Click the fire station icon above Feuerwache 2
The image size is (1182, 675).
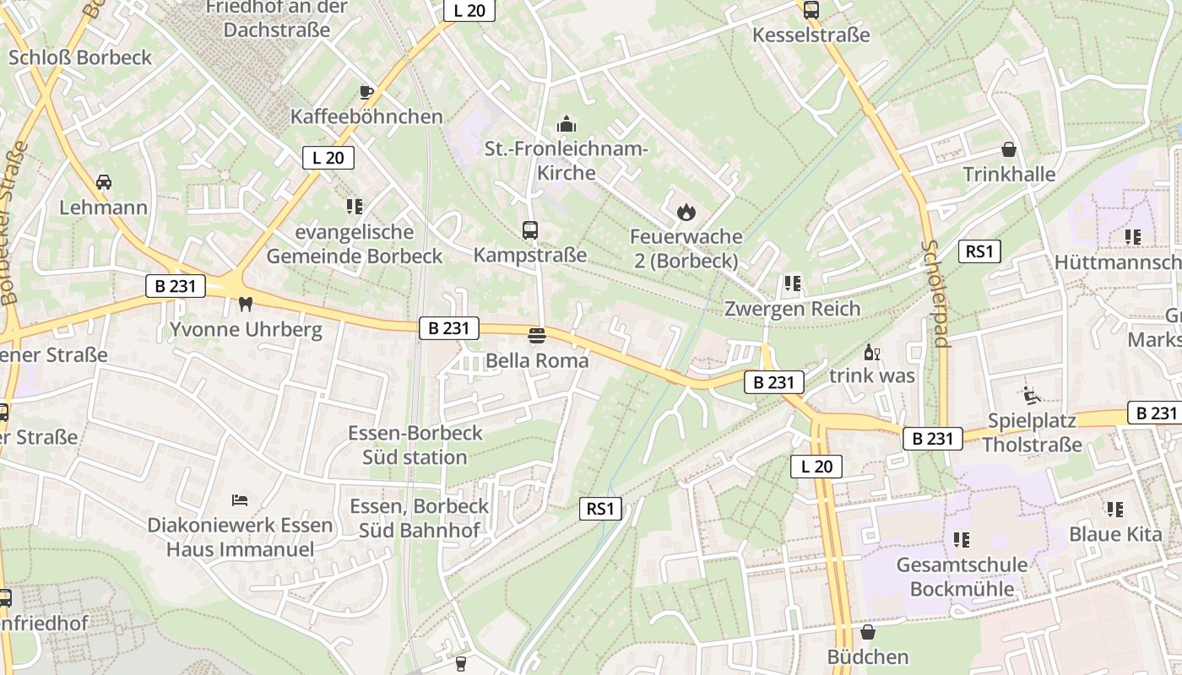click(x=686, y=212)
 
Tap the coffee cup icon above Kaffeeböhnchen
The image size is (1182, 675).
click(x=366, y=92)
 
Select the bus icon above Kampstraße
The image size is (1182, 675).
click(x=530, y=229)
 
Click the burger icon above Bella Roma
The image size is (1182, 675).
click(x=536, y=336)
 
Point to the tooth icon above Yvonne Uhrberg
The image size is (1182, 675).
click(x=246, y=304)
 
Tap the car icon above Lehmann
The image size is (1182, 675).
click(x=103, y=182)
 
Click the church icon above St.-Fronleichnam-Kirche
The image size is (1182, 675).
click(x=566, y=125)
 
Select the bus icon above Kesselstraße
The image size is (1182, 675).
click(x=811, y=10)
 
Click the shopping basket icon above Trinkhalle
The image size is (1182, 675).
click(x=1008, y=150)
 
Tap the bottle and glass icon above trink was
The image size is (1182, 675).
click(x=871, y=352)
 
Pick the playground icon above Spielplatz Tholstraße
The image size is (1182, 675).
click(x=1031, y=395)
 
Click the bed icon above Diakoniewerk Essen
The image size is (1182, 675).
click(x=240, y=500)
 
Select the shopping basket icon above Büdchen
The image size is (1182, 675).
click(x=867, y=632)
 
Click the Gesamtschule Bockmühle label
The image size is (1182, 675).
click(x=962, y=576)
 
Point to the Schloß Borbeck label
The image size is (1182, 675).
click(x=80, y=57)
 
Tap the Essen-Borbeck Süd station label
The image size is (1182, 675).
click(x=415, y=445)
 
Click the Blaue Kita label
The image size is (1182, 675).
click(x=1114, y=534)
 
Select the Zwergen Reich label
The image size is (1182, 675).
click(x=792, y=309)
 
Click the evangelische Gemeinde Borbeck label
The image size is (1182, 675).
click(x=355, y=244)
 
